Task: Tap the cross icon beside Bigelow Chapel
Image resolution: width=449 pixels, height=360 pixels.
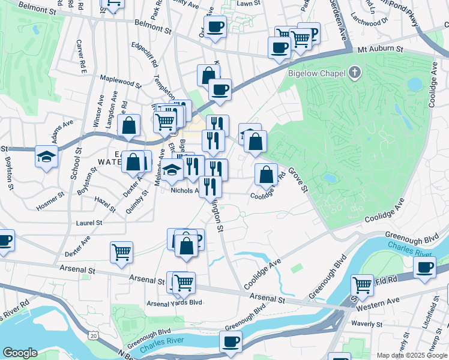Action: coord(355,73)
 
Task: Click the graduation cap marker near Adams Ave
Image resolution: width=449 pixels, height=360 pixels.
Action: coord(47,157)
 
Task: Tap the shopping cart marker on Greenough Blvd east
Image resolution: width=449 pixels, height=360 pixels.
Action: coord(362,284)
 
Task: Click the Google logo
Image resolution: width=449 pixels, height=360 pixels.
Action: coord(20,353)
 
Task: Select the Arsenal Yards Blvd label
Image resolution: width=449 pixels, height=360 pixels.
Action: coord(174,304)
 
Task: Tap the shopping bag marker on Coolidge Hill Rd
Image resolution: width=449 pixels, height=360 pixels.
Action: coord(266,175)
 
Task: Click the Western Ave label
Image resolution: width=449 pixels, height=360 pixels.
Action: coord(386,301)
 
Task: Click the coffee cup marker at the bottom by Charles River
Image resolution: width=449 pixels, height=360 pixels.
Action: coord(231,342)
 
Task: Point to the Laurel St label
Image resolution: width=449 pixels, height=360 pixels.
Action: coord(89,222)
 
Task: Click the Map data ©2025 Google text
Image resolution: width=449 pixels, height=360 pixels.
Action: coord(412,355)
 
